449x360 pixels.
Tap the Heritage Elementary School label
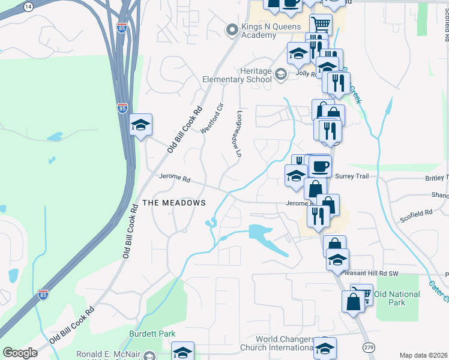[x=237, y=75]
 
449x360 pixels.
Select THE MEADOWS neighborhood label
[x=175, y=203]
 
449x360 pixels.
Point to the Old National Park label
[x=397, y=298]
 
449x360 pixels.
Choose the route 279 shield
[x=369, y=347]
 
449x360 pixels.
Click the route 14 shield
[x=28, y=6]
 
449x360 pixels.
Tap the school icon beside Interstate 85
[x=140, y=125]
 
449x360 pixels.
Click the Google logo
[x=20, y=353]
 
